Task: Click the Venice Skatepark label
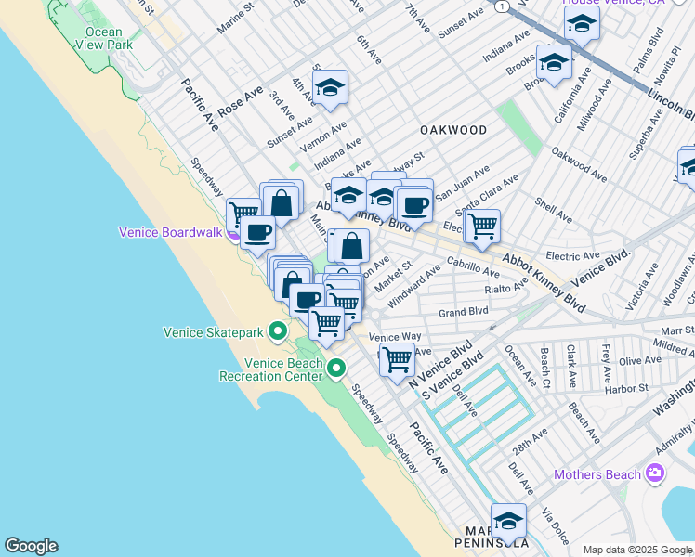tap(214, 331)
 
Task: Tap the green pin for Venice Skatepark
tap(277, 330)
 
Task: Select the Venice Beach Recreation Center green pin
tap(336, 369)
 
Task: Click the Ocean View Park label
tap(103, 37)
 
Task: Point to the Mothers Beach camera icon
tap(656, 474)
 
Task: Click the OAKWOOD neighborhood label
tap(453, 130)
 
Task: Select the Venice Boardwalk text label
tap(170, 232)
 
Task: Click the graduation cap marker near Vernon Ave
tap(329, 88)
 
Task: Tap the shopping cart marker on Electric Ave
tap(482, 226)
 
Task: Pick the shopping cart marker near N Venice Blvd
tap(397, 359)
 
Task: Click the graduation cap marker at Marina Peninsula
tap(508, 520)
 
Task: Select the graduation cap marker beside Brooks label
tap(554, 62)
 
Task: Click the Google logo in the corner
tap(31, 546)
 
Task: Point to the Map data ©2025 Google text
tap(637, 550)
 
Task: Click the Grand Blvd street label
tap(464, 312)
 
